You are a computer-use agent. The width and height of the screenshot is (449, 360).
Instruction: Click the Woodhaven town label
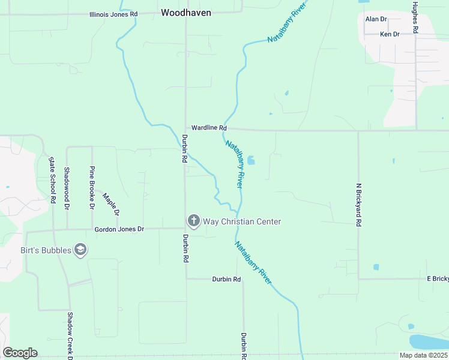[186, 12]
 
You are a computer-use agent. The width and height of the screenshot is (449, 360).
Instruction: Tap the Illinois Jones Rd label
[113, 14]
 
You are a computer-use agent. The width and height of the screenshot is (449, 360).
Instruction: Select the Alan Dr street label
[376, 19]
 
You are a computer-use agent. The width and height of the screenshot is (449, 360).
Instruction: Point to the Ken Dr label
[390, 35]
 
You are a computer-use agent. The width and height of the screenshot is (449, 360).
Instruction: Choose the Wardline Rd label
[209, 128]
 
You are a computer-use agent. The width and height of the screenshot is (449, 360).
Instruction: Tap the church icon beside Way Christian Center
[193, 221]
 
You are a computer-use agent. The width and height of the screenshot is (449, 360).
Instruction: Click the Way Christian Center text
[242, 221]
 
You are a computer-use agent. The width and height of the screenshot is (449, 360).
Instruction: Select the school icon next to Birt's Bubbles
[80, 250]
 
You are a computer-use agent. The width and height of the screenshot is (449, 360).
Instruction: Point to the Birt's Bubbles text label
[46, 250]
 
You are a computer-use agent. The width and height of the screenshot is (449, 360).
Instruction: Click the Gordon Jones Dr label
[119, 229]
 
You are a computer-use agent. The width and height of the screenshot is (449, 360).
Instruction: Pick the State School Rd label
[53, 179]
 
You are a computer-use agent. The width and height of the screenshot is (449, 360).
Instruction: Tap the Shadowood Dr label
[67, 188]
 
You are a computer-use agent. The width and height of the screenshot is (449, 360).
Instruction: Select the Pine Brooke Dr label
[92, 188]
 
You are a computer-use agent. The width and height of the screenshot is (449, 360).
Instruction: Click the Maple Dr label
[111, 204]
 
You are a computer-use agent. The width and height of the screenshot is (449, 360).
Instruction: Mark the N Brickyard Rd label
[358, 205]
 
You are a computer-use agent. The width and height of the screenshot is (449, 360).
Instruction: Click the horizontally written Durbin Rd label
[226, 280]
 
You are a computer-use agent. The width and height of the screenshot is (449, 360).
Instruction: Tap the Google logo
[20, 353]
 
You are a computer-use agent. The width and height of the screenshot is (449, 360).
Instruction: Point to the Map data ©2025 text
[423, 355]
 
